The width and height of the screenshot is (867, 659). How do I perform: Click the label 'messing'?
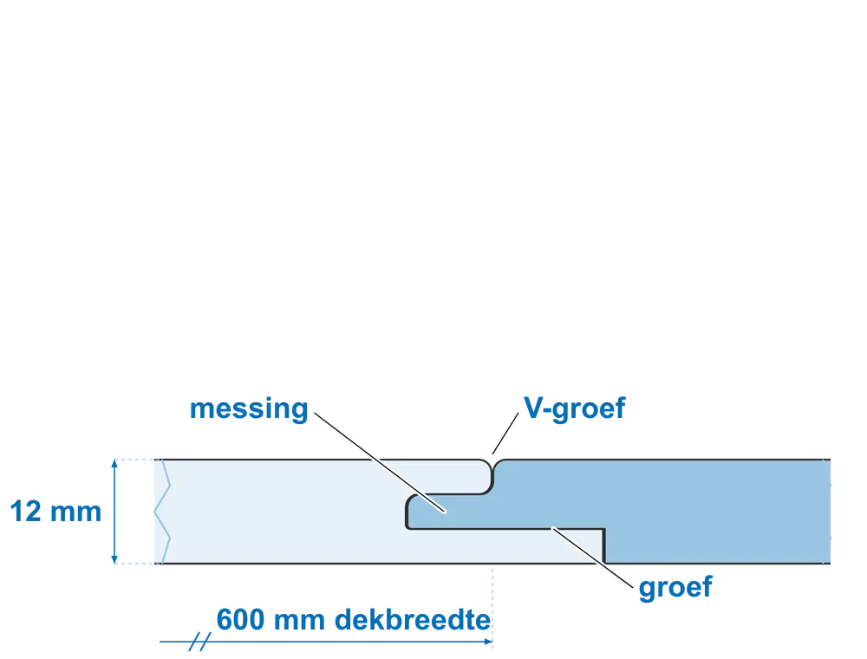[x=249, y=409]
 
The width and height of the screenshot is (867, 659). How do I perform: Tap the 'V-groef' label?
[x=575, y=409]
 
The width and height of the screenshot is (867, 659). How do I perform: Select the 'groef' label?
[x=675, y=588]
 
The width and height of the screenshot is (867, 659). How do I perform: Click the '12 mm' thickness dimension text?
[x=55, y=512]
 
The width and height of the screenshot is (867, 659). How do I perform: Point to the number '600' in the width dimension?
[x=240, y=620]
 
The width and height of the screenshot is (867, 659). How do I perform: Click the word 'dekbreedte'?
[x=413, y=620]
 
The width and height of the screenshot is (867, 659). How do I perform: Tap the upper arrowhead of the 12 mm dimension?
[x=114, y=464]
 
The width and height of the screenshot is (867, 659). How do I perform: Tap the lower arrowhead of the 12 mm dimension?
[x=114, y=559]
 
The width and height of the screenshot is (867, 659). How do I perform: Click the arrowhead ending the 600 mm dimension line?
[x=487, y=642]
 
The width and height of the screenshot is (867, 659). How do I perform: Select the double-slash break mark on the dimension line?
[x=199, y=642]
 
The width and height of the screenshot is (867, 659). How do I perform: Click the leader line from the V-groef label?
[x=505, y=434]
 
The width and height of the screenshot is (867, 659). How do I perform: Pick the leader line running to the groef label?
[x=593, y=558]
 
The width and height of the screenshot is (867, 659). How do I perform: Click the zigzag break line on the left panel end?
[x=163, y=512]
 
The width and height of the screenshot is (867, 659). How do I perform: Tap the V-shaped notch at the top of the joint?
[x=492, y=466]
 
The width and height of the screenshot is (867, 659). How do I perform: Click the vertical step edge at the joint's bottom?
[x=603, y=546]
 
